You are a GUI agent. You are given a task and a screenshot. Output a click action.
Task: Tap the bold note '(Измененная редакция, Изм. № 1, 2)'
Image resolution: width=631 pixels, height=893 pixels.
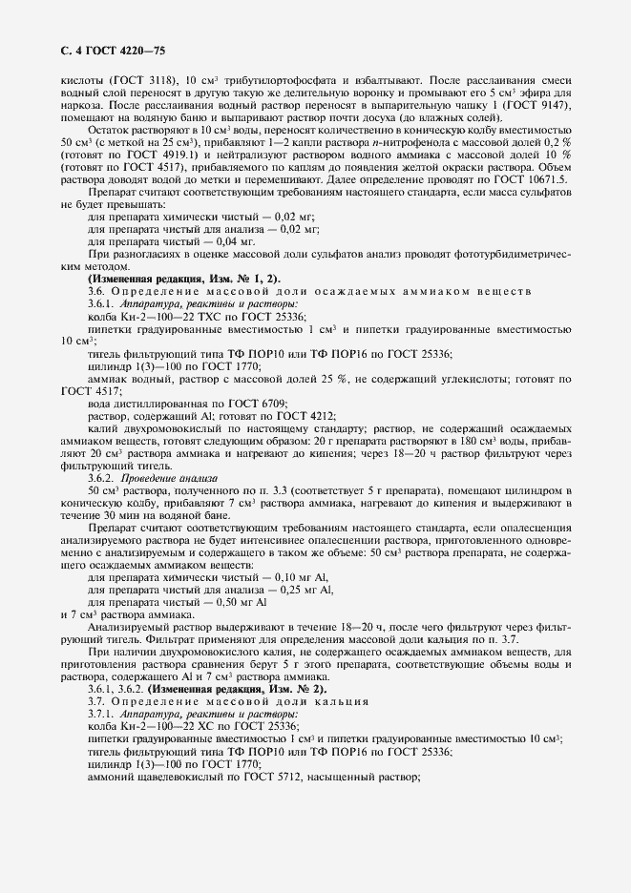(x=185, y=277)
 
